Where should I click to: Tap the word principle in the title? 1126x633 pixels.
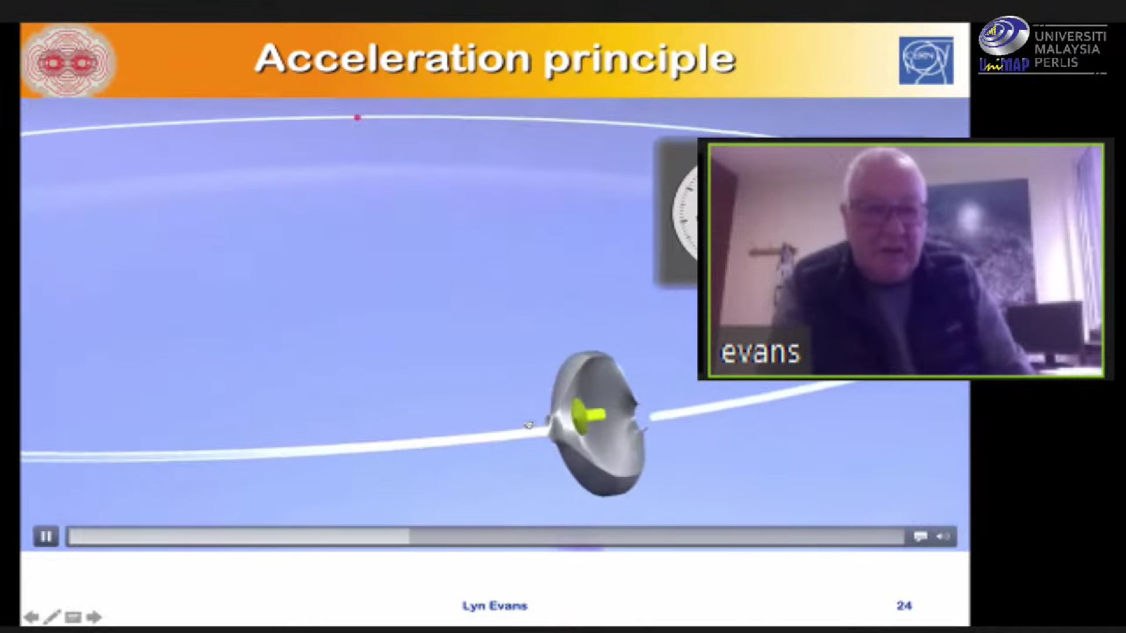tap(640, 60)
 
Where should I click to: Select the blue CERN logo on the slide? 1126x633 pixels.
tap(926, 60)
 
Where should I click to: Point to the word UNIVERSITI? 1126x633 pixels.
tap(1070, 36)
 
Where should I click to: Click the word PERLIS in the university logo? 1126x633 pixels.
tap(1056, 62)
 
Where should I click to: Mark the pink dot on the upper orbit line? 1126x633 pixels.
tap(357, 117)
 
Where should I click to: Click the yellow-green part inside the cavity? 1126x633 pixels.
tap(586, 416)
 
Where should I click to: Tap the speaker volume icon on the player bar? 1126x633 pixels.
tap(943, 536)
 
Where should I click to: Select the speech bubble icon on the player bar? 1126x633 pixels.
tap(920, 536)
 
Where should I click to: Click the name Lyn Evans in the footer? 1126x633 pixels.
tap(494, 605)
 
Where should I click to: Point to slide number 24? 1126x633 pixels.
tap(904, 605)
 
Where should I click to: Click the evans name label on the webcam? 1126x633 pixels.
tap(760, 352)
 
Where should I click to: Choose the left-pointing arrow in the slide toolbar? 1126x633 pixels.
tap(32, 617)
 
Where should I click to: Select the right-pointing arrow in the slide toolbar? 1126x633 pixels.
tap(94, 617)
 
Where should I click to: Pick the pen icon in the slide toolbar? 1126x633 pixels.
tap(52, 617)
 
